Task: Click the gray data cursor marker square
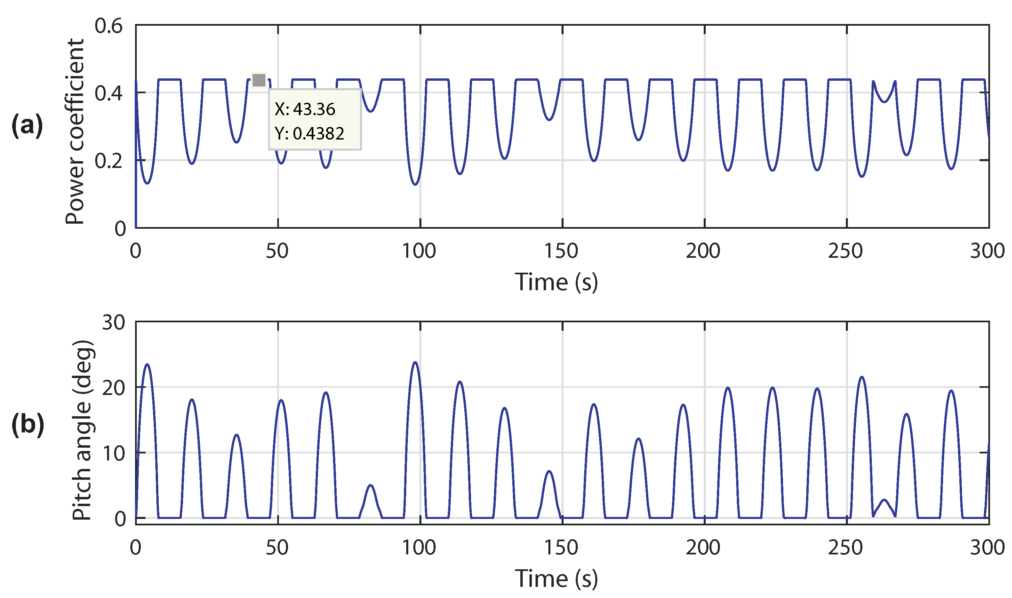pyautogui.click(x=259, y=80)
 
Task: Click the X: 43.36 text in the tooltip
pyautogui.click(x=305, y=109)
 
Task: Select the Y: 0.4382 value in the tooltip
pyautogui.click(x=309, y=133)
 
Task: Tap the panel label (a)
pyautogui.click(x=27, y=125)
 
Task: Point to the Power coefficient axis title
pyautogui.click(x=75, y=131)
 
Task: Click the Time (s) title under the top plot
pyautogui.click(x=556, y=282)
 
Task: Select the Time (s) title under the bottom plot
pyautogui.click(x=556, y=578)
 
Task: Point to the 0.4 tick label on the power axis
pyautogui.click(x=108, y=94)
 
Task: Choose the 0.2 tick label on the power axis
pyautogui.click(x=108, y=161)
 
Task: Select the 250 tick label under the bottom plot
pyautogui.click(x=845, y=548)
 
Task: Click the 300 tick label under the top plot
pyautogui.click(x=987, y=251)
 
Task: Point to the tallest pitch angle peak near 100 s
pyautogui.click(x=415, y=362)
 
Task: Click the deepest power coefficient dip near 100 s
pyautogui.click(x=415, y=184)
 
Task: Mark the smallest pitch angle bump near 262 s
pyautogui.click(x=884, y=500)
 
